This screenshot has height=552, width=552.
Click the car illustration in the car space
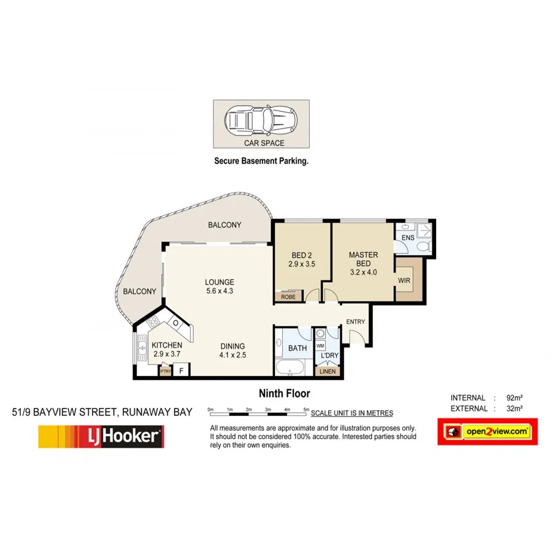260,122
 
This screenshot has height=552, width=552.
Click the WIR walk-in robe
404,280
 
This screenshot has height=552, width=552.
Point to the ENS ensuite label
407,238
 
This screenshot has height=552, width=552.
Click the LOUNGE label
219,283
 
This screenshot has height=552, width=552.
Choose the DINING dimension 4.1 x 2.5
232,354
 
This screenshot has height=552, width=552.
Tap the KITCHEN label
167,345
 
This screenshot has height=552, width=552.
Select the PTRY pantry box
165,370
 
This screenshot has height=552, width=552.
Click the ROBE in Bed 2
288,296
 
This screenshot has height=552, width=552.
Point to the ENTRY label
355,322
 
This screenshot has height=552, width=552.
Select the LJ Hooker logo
101,437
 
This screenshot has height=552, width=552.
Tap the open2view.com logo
487,432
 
